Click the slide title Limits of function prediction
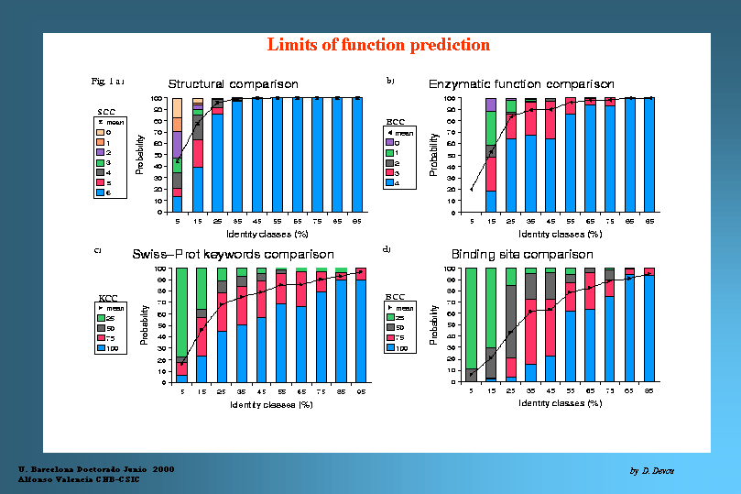pyautogui.click(x=378, y=45)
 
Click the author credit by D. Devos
pyautogui.click(x=651, y=470)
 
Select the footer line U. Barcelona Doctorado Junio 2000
pyautogui.click(x=96, y=468)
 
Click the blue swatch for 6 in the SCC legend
pyautogui.click(x=99, y=193)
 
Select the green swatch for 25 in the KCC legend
pyautogui.click(x=102, y=318)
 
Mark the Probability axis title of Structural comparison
pyautogui.click(x=139, y=155)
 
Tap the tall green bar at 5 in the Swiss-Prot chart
pyautogui.click(x=181, y=312)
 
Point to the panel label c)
pyautogui.click(x=97, y=250)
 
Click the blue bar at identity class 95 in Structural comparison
pyautogui.click(x=357, y=155)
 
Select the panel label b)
pyautogui.click(x=390, y=82)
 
